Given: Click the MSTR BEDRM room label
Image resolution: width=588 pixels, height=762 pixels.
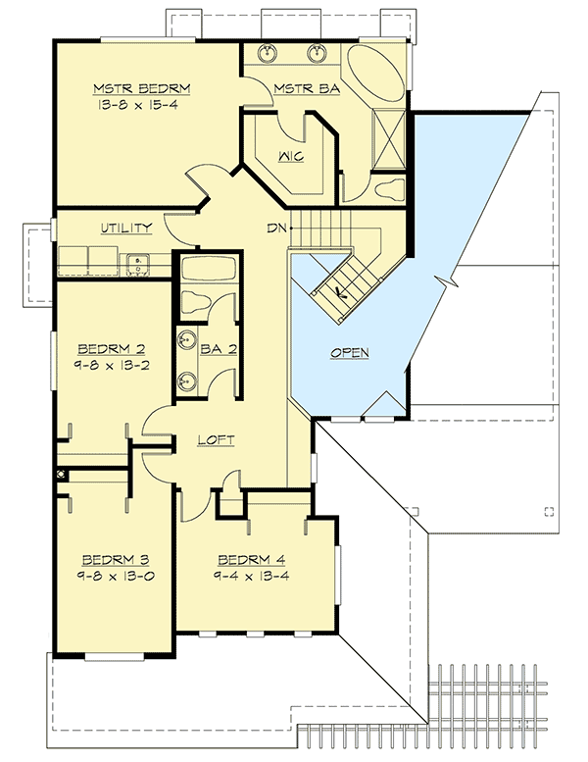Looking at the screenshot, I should [143, 88].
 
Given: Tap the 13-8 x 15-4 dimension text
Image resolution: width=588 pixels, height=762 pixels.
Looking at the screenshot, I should [143, 104].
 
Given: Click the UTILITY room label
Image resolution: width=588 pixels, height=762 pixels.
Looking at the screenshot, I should [125, 229].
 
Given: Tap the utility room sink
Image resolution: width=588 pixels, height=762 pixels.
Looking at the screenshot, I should [138, 261].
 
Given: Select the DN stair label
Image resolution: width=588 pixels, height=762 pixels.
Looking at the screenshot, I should [277, 229].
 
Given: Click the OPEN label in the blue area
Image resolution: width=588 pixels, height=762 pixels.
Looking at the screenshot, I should [350, 351].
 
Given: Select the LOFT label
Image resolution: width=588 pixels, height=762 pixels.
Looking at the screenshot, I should [216, 440].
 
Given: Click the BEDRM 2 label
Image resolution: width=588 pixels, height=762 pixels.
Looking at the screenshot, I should [104, 347].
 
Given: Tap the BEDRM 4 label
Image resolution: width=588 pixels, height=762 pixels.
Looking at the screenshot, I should [245, 561].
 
